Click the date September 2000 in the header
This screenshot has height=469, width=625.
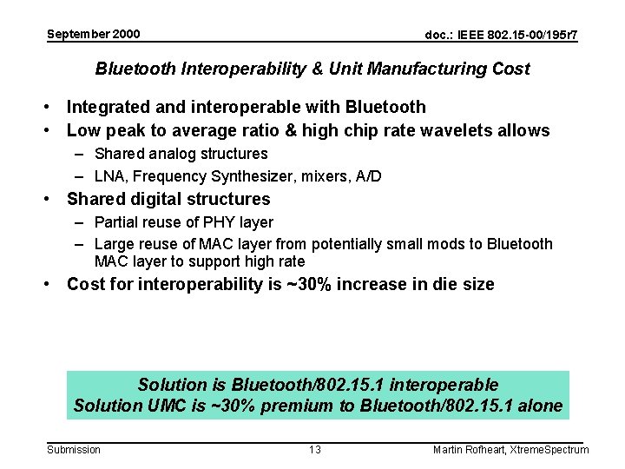point(93,34)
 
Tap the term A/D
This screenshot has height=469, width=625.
point(367,176)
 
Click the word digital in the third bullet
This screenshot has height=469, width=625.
point(152,199)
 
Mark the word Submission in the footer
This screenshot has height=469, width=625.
point(73,449)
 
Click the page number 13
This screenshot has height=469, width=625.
point(314,449)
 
